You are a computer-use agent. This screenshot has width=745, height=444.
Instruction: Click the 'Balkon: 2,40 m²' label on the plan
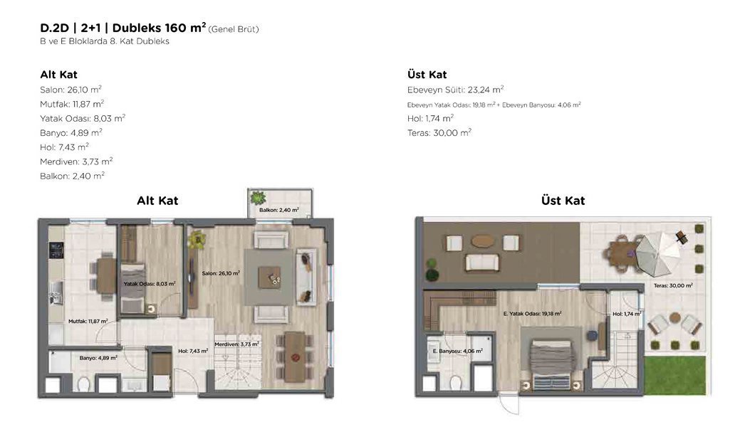[x=279, y=210]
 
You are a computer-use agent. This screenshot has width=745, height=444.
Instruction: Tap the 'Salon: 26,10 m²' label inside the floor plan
[x=221, y=273]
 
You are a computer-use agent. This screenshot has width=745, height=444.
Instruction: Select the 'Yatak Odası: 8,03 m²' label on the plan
[x=150, y=283]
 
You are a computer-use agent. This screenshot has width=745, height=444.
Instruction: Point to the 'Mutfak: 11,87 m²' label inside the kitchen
[x=88, y=322]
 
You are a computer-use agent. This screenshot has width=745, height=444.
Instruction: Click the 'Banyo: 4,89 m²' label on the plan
[x=98, y=358]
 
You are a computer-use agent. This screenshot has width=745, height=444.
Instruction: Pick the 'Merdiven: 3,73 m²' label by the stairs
[x=236, y=344]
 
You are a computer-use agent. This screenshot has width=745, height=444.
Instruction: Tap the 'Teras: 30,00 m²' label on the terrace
[x=673, y=285]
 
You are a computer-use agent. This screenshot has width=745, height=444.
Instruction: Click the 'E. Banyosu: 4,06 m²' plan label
[x=457, y=351]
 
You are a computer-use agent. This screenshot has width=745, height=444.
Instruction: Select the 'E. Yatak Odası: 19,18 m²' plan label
[x=533, y=313]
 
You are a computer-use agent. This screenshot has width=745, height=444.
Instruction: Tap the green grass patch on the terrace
[x=674, y=375]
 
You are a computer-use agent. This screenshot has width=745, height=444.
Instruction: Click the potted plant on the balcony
[x=258, y=197]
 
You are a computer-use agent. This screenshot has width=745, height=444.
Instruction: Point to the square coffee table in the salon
[x=269, y=277]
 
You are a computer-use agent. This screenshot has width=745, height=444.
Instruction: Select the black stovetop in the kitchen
[x=56, y=250]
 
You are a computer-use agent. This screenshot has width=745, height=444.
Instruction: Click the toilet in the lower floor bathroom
[x=84, y=383]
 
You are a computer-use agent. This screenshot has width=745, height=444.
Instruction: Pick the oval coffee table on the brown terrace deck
[x=483, y=241]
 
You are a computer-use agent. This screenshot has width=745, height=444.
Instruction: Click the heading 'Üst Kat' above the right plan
[x=563, y=201]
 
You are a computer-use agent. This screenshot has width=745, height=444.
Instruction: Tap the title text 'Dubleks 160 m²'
[x=159, y=28]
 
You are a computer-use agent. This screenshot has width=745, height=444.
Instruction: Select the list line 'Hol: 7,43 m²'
[x=64, y=147]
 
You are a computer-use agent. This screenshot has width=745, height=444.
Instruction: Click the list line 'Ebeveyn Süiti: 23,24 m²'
[x=455, y=89]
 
